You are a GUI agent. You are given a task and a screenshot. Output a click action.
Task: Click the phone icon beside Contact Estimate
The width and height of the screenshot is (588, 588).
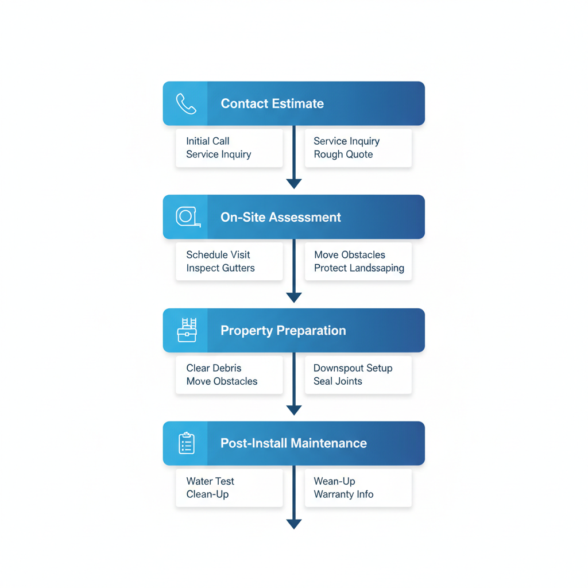pos(186,104)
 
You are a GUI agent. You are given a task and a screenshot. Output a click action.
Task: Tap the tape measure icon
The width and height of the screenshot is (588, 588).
pos(187,217)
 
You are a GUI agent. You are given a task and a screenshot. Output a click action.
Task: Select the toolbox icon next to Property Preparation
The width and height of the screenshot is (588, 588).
pos(187,330)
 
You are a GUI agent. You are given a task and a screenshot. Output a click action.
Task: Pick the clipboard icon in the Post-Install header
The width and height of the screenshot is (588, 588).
pos(187,443)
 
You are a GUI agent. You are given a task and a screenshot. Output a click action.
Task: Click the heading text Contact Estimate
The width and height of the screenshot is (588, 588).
pos(272,104)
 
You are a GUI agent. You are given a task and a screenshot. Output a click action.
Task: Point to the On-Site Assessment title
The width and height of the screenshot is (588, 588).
pos(281,217)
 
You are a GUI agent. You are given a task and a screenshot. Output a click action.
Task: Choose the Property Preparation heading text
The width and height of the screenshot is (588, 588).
pos(283,331)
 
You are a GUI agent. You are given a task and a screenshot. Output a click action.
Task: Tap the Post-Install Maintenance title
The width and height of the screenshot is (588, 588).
pos(293,443)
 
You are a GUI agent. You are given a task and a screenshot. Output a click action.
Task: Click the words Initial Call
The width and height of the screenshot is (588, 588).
pos(208,141)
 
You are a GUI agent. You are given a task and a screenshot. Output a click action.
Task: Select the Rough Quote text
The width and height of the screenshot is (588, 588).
pos(343,154)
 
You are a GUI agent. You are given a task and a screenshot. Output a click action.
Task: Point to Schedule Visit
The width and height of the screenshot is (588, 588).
pos(218,255)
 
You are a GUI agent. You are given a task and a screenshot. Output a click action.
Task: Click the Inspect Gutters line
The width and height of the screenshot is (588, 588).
pos(220,268)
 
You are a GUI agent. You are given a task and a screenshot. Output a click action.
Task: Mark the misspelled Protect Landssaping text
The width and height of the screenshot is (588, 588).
pos(359,268)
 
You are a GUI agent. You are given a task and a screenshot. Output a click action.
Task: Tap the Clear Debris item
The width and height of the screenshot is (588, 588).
pos(214,368)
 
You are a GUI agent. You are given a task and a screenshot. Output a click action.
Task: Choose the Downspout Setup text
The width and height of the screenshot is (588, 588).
pos(353,368)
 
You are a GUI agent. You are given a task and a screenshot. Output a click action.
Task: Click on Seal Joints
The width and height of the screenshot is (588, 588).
pos(338,381)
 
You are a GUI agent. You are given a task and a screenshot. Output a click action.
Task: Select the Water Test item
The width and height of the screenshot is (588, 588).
pos(210,481)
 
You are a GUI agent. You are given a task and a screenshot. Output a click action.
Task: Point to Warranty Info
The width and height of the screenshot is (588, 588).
pos(343,494)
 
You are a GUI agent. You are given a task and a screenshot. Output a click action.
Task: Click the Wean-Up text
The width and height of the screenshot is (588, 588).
pos(334,481)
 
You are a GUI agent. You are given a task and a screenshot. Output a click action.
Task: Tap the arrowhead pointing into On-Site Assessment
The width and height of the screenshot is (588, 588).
pos(294,184)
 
